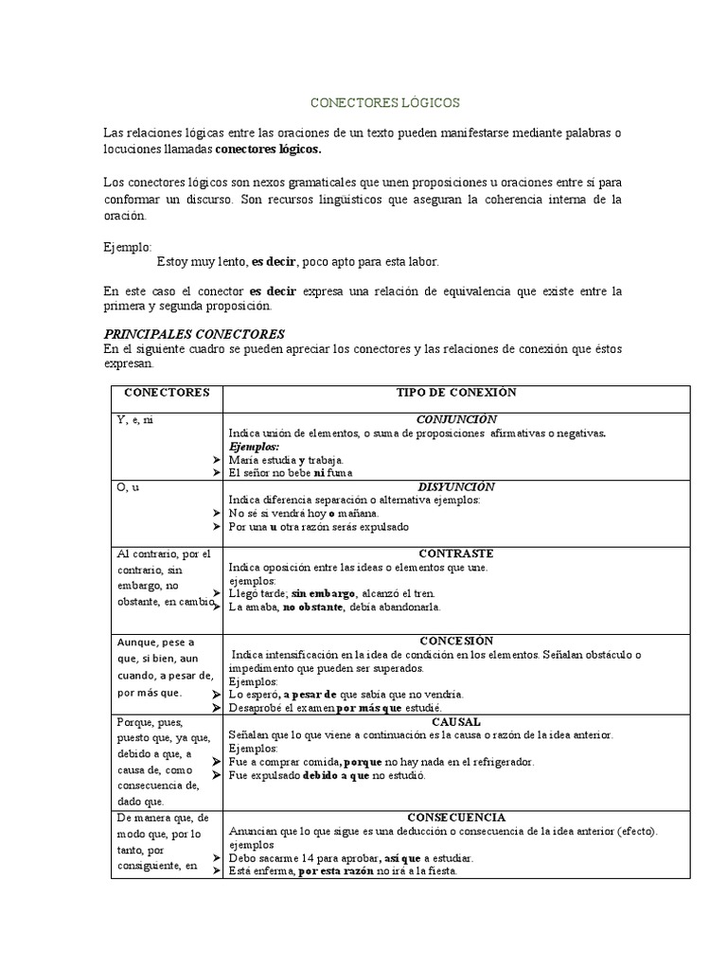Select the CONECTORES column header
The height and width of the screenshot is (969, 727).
pyautogui.click(x=167, y=393)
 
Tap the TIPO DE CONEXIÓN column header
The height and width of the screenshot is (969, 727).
pyautogui.click(x=455, y=393)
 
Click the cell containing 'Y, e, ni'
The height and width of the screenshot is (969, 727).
pyautogui.click(x=135, y=420)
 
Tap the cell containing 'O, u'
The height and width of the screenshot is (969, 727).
pyautogui.click(x=128, y=487)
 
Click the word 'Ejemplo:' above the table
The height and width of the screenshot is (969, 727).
pyautogui.click(x=127, y=247)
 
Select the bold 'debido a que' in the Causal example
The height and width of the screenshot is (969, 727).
pyautogui.click(x=335, y=775)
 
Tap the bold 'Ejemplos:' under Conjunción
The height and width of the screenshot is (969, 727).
pyautogui.click(x=255, y=446)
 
